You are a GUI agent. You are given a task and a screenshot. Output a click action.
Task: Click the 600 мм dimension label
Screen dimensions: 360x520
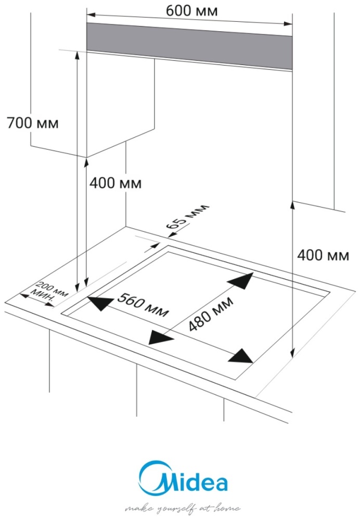[x=191, y=10]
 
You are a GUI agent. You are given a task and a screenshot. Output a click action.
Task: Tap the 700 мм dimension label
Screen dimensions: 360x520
[x=33, y=123]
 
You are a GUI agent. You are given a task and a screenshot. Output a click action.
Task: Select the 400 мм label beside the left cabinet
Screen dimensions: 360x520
[x=115, y=183]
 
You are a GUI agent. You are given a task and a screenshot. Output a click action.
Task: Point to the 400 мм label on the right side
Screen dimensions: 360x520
[x=323, y=255]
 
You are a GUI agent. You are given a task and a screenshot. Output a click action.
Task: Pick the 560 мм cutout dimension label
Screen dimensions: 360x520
[x=144, y=304]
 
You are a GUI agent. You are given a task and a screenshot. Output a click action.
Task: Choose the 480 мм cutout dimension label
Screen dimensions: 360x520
[x=211, y=314]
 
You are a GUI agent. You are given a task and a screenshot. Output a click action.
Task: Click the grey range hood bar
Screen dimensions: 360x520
[x=189, y=46]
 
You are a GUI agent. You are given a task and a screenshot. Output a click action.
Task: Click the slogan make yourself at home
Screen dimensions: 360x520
[x=183, y=508]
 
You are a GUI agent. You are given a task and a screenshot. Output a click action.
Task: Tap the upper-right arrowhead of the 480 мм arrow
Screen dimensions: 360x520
[x=242, y=280]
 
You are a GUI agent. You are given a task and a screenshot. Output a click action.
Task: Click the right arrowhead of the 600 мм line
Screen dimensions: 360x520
[x=288, y=23]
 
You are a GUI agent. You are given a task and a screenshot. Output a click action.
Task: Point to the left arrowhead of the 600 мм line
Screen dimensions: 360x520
[x=91, y=15]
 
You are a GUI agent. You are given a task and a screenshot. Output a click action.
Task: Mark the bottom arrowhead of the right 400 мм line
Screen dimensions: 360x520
[x=292, y=354]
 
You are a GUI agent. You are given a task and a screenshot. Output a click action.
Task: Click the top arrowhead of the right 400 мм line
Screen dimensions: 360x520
[x=292, y=205]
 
